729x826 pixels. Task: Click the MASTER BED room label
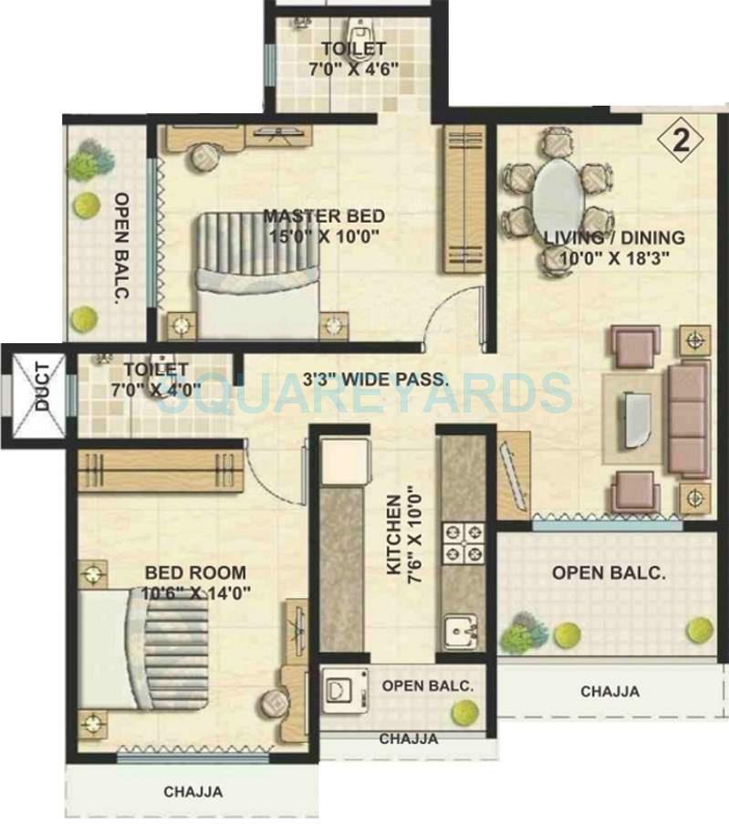click(324, 216)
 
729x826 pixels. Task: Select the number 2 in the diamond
click(679, 140)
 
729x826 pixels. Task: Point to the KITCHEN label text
click(394, 535)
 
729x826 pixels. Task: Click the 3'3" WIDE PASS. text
click(376, 378)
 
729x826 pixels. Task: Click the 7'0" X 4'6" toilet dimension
click(352, 69)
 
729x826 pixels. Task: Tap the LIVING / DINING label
click(613, 238)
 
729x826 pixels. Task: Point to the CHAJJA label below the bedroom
click(193, 792)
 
